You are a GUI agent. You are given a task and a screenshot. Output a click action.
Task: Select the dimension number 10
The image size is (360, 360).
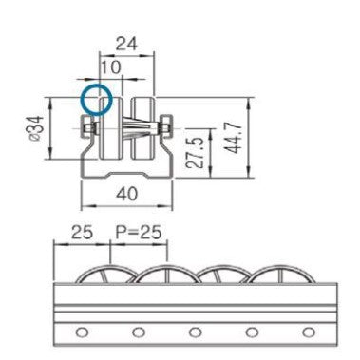[110, 68]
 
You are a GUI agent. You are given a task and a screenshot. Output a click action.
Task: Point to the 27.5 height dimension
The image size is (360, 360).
[194, 151]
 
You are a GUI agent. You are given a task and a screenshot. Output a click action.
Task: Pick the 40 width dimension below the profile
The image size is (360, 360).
[125, 196]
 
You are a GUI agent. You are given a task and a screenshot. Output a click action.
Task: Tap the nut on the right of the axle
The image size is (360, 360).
[167, 127]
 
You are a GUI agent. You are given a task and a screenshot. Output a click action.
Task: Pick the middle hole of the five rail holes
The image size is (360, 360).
[195, 332]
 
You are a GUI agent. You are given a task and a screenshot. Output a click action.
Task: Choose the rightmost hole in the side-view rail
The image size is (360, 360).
[307, 332]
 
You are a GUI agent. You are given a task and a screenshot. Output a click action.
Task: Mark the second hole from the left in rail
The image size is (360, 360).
[139, 332]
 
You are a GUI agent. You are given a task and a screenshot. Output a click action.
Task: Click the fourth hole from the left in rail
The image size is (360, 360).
[251, 332]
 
